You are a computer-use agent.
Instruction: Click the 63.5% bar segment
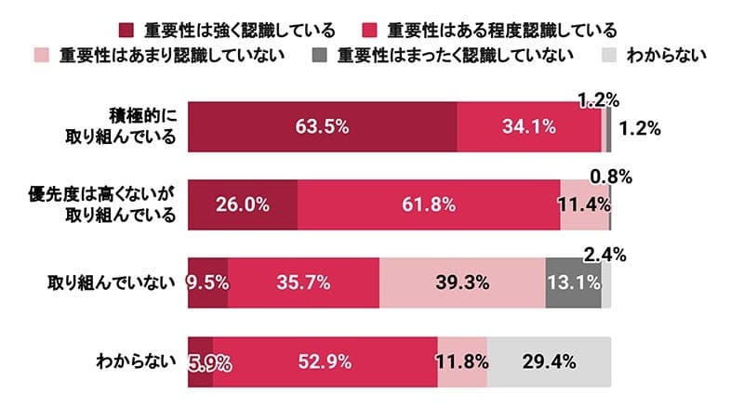click(x=323, y=127)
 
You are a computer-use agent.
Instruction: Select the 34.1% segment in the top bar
click(x=530, y=127)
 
